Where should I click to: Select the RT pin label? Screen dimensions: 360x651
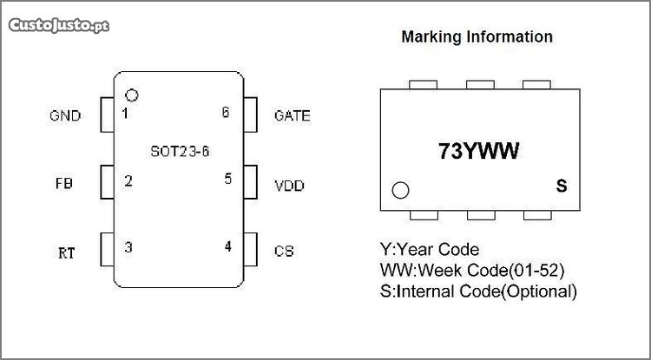66,253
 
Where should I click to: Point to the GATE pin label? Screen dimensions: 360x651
292,115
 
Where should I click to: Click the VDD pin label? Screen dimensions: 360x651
289,186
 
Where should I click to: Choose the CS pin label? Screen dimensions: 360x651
284,252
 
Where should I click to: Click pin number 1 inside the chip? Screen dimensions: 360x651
126,114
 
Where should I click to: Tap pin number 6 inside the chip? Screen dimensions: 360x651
226,113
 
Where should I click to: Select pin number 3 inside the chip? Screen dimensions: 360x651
128,247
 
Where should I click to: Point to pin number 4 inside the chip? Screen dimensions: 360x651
227,246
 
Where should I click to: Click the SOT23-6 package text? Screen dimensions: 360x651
180,150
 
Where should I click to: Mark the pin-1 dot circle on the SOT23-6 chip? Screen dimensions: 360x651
132,95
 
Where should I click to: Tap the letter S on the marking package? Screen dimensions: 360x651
561,187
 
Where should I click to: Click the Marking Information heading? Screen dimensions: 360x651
477,37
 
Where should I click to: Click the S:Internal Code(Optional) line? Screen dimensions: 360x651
478,291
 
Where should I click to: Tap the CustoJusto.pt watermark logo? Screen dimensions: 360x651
59,25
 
